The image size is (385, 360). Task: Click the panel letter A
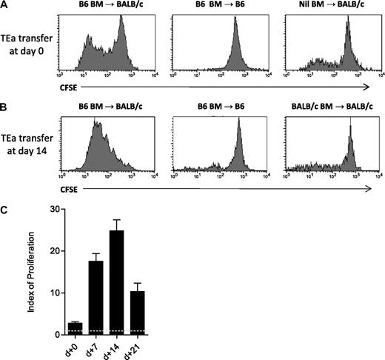5,6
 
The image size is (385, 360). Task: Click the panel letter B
5,108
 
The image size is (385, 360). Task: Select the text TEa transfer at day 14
27,145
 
